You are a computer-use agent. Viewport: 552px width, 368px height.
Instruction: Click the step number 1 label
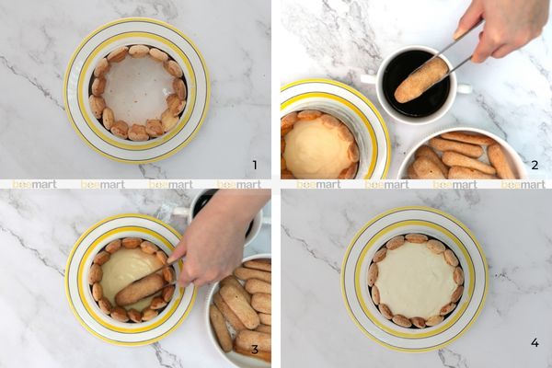pyautogui.click(x=255, y=165)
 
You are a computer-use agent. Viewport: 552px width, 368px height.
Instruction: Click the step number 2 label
pyautogui.click(x=535, y=165)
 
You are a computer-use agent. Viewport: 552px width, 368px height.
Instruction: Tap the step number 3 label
pyautogui.click(x=255, y=350)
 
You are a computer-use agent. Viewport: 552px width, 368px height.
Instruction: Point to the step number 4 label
pyautogui.click(x=535, y=342)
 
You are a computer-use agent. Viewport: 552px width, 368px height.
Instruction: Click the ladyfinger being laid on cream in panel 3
pyautogui.click(x=140, y=290)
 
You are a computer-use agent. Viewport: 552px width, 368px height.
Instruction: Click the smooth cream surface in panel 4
pyautogui.click(x=416, y=280)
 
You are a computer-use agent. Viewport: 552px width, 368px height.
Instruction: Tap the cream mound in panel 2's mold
pyautogui.click(x=316, y=148)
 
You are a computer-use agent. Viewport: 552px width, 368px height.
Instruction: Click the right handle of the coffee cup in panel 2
pyautogui.click(x=463, y=88)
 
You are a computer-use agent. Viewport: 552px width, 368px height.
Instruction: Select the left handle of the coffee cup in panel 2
pyautogui.click(x=369, y=79)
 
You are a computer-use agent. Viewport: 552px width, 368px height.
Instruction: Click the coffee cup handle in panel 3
pyautogui.click(x=181, y=212)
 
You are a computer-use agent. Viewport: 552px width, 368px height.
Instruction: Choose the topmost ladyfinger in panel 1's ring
pyautogui.click(x=139, y=52)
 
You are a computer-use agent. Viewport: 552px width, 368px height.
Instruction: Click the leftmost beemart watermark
pyautogui.click(x=34, y=184)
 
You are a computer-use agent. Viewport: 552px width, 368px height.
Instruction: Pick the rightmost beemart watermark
pyautogui.click(x=523, y=184)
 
